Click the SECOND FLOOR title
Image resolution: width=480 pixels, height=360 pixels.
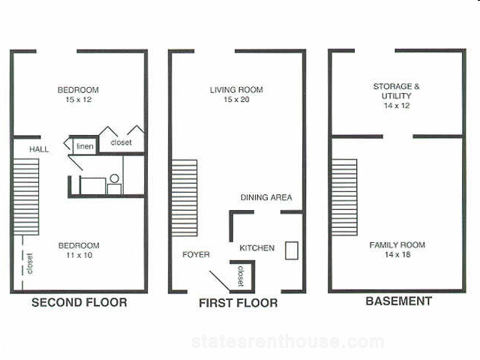point(79,302)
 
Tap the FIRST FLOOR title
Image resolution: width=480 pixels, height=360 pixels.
point(238,303)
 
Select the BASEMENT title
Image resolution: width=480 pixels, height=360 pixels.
point(399,301)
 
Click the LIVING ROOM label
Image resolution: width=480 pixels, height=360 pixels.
point(236,90)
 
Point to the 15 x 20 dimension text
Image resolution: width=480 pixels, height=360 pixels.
point(236,100)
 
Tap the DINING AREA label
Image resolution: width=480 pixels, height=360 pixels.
point(266,197)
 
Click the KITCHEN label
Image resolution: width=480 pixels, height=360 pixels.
point(256,248)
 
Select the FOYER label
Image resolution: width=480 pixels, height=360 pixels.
point(196,255)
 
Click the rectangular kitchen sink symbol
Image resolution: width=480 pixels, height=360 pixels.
point(292,250)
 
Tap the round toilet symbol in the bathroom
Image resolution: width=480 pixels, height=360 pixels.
point(114,178)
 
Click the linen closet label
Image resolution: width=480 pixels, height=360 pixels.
point(85,146)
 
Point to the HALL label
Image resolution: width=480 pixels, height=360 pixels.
point(39,149)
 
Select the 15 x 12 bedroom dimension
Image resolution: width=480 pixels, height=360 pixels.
point(79,100)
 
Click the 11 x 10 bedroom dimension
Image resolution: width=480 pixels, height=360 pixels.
point(79,255)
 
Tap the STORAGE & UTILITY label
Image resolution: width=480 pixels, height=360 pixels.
point(397,91)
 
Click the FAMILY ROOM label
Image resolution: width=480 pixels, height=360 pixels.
point(397,245)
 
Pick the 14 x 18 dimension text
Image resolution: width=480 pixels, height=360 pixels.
point(397,254)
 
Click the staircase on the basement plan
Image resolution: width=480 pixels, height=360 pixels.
point(344,197)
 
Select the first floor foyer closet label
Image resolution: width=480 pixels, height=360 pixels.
point(241,276)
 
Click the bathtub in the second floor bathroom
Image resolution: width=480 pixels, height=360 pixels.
point(93,185)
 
